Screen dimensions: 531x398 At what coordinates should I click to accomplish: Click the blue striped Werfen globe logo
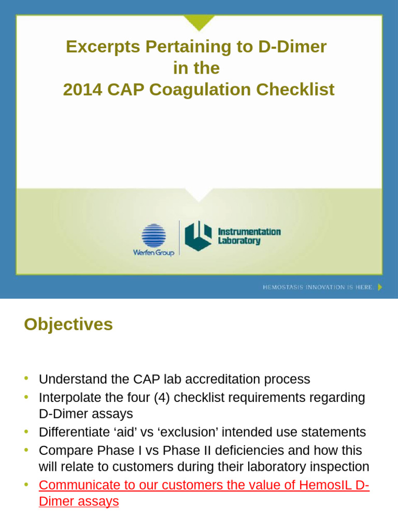153,236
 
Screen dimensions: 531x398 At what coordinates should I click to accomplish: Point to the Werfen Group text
153,253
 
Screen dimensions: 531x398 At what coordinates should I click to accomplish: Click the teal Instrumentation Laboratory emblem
198,235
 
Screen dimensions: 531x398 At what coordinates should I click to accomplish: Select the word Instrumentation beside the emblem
249,232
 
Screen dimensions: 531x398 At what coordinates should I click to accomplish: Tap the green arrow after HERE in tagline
380,287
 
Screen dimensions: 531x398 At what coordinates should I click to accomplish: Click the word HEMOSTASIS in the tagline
283,287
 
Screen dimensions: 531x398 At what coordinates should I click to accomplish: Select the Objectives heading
68,325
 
